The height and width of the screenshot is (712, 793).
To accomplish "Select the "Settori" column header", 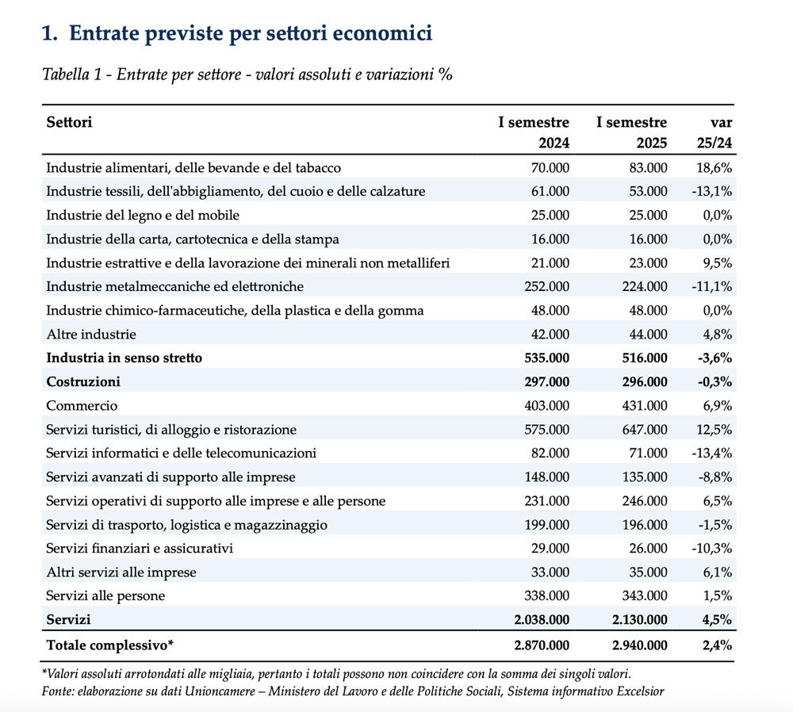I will (x=69, y=122).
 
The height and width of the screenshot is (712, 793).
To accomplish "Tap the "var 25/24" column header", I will (x=716, y=133).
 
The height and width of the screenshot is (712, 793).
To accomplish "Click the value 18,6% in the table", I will (x=714, y=167).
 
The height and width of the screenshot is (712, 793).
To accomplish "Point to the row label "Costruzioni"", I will (x=83, y=381).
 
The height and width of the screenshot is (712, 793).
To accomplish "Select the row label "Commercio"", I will (x=82, y=405).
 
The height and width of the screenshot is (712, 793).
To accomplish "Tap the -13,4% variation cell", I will (x=711, y=453).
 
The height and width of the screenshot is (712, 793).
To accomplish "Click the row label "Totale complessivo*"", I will (x=109, y=645).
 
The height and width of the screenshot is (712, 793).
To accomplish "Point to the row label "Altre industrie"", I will (x=91, y=334).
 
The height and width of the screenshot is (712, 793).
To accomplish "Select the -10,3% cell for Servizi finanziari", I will (x=711, y=548).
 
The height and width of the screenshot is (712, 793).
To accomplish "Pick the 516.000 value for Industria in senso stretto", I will (x=640, y=358).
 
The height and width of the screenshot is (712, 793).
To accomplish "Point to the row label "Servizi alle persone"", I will (x=105, y=595).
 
